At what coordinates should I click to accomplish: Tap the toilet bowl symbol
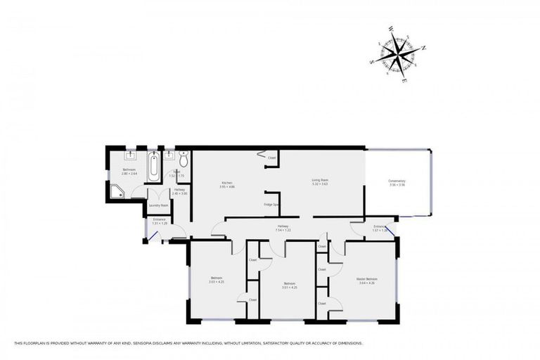pos(184,159)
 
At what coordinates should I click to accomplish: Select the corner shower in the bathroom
pos(117,189)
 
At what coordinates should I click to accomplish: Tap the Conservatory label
pos(397,181)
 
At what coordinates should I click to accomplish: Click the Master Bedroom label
pos(372,279)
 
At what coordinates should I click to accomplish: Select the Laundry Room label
pos(159,205)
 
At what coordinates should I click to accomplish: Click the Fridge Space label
pos(272,205)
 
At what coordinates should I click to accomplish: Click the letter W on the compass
pos(391,30)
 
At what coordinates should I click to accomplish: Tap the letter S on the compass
pos(371,62)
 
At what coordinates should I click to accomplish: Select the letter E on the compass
pos(404,81)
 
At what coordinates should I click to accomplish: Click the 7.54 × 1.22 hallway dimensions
pos(283,230)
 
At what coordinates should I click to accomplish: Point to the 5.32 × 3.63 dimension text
pos(321,185)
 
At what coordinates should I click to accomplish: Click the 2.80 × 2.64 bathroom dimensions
pos(129,173)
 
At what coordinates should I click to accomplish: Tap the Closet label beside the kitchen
pos(271,158)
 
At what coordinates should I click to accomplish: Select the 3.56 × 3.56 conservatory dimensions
pos(397,186)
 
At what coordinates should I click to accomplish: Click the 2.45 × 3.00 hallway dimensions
pos(180,194)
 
